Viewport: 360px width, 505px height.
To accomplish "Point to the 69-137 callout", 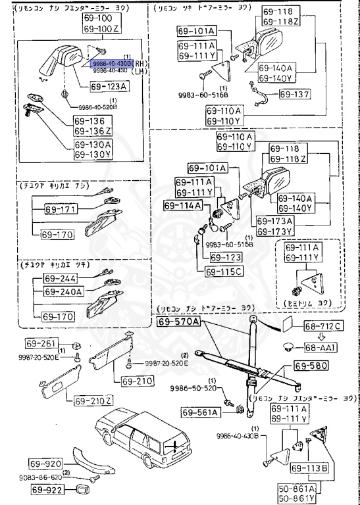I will (x=294, y=94).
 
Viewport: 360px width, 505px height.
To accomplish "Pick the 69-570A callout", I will (x=179, y=322).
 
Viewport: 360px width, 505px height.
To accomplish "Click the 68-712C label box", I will (x=323, y=325).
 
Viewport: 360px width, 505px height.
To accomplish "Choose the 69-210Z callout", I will (x=93, y=400).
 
